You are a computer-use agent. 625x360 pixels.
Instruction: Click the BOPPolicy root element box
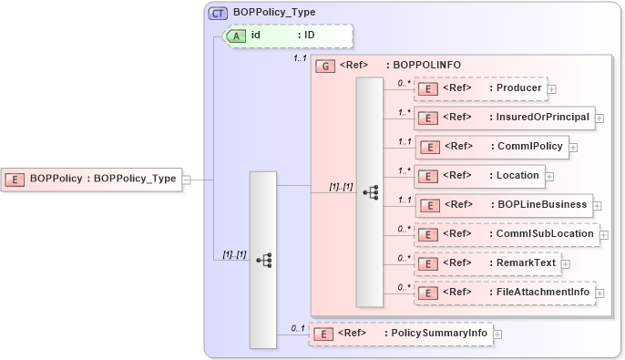[91, 179]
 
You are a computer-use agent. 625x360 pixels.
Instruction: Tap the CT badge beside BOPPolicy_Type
[219, 14]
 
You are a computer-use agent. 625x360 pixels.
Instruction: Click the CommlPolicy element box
[492, 146]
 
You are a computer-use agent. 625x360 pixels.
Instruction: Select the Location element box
[479, 175]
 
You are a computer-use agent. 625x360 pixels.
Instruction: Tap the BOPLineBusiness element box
[504, 205]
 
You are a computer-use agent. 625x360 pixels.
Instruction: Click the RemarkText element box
[487, 263]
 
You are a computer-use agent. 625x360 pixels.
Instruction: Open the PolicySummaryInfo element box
[401, 334]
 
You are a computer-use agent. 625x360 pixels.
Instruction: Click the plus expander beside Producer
[552, 89]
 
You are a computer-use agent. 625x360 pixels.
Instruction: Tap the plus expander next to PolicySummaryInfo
[497, 334]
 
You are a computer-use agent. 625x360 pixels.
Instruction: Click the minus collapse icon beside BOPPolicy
[186, 180]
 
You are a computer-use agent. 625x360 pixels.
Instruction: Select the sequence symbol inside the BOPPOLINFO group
[370, 192]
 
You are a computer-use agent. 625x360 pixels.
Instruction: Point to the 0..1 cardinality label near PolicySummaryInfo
[297, 327]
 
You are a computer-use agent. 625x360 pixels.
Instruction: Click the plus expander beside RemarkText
[565, 264]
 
